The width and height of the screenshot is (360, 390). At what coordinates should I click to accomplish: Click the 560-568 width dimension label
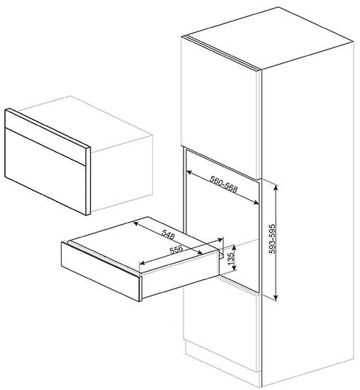224,184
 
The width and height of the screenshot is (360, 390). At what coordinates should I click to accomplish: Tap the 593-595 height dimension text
273,239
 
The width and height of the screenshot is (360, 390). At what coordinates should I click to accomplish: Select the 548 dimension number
168,234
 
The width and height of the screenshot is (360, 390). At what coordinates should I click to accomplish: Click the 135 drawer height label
231,259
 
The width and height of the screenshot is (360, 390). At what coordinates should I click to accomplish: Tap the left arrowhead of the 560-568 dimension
189,172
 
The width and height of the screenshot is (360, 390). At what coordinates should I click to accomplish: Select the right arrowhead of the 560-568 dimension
256,203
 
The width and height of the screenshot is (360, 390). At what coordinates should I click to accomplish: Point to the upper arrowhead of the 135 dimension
234,247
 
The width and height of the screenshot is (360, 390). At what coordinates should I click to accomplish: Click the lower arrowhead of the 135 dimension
234,268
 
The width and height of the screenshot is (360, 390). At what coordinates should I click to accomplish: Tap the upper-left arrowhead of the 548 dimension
136,223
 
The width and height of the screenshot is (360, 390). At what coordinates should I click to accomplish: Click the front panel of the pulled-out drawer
100,271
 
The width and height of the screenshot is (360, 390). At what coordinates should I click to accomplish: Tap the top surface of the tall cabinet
268,38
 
